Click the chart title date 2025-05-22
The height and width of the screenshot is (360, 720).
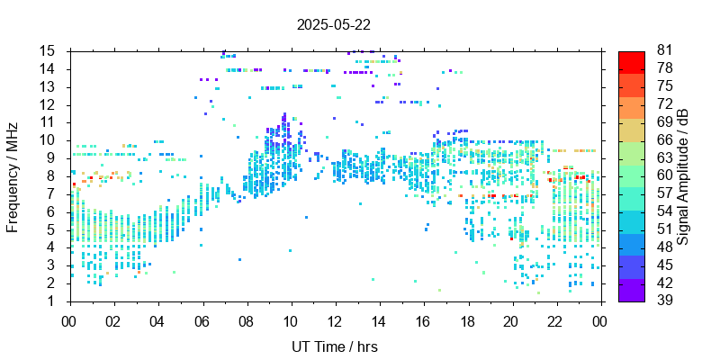[x=333, y=24]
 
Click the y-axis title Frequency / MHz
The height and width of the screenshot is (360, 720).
[x=13, y=175]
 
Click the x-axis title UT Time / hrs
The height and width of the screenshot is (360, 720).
[x=333, y=346]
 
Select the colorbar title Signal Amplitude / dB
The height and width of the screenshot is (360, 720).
[x=684, y=175]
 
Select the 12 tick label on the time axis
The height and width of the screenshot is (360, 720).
[x=334, y=320]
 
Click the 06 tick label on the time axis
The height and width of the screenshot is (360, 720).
[x=202, y=320]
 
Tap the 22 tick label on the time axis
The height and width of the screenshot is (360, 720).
[x=555, y=320]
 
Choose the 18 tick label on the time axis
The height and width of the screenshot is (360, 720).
[x=467, y=320]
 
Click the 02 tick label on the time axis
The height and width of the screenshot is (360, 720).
[x=113, y=320]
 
